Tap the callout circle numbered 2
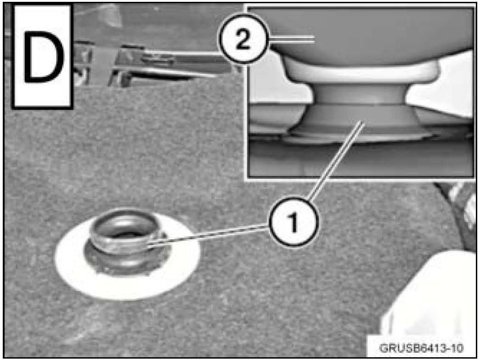click(x=243, y=39)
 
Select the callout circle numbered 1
click(x=293, y=222)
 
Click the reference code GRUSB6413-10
click(x=421, y=348)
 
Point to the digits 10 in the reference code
click(x=457, y=348)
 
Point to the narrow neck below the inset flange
click(x=361, y=93)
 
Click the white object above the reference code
click(x=429, y=294)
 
